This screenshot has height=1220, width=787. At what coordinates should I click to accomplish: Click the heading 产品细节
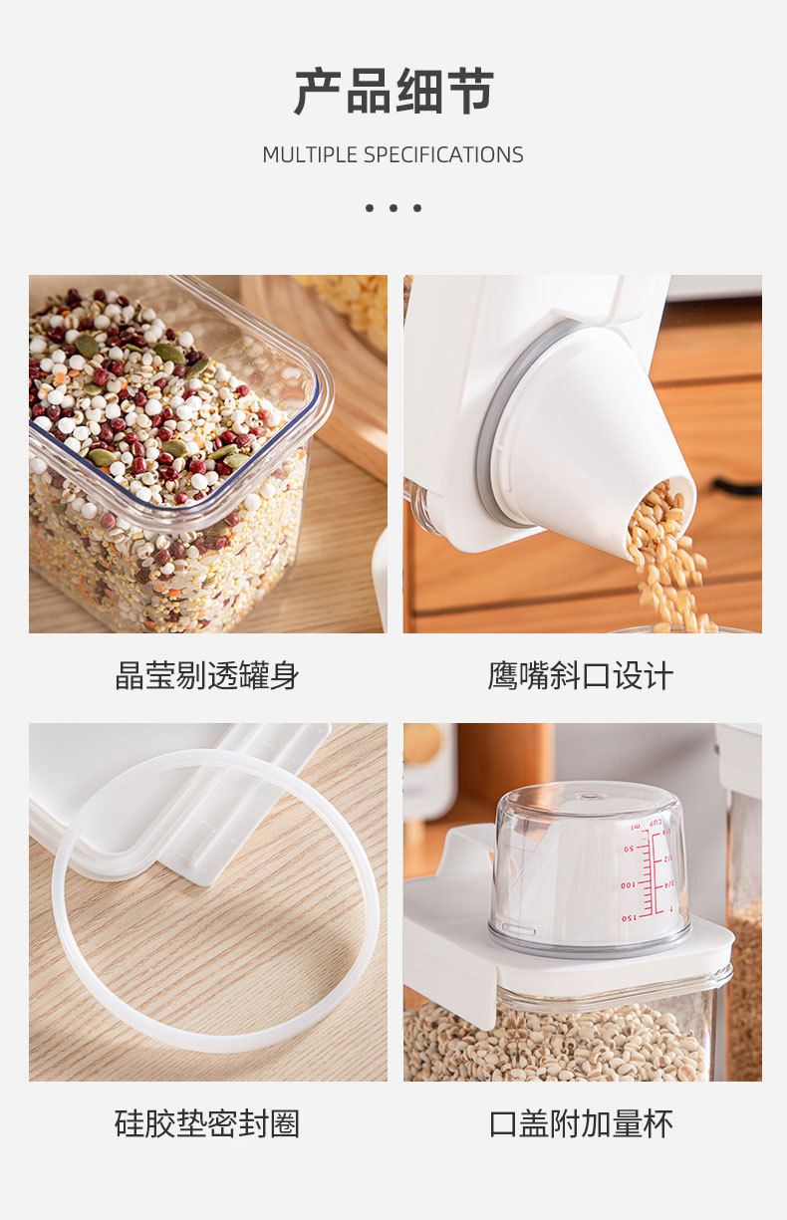click(393, 93)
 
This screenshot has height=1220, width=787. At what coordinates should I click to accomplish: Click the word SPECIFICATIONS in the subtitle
click(442, 155)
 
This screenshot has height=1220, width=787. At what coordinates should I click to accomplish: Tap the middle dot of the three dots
click(393, 208)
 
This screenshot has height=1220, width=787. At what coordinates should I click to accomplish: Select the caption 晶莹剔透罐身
click(207, 676)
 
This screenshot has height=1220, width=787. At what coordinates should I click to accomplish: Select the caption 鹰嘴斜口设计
click(581, 676)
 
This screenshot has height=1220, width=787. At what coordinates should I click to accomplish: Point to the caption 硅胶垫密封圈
click(207, 1124)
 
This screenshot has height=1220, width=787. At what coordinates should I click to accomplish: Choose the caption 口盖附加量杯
click(581, 1124)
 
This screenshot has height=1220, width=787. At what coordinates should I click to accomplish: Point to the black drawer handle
click(737, 488)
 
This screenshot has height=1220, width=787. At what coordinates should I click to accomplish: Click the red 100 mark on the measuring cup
click(629, 884)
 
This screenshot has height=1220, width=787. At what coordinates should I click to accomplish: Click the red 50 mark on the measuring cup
click(630, 849)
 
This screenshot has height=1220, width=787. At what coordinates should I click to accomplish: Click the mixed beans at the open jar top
click(149, 398)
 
